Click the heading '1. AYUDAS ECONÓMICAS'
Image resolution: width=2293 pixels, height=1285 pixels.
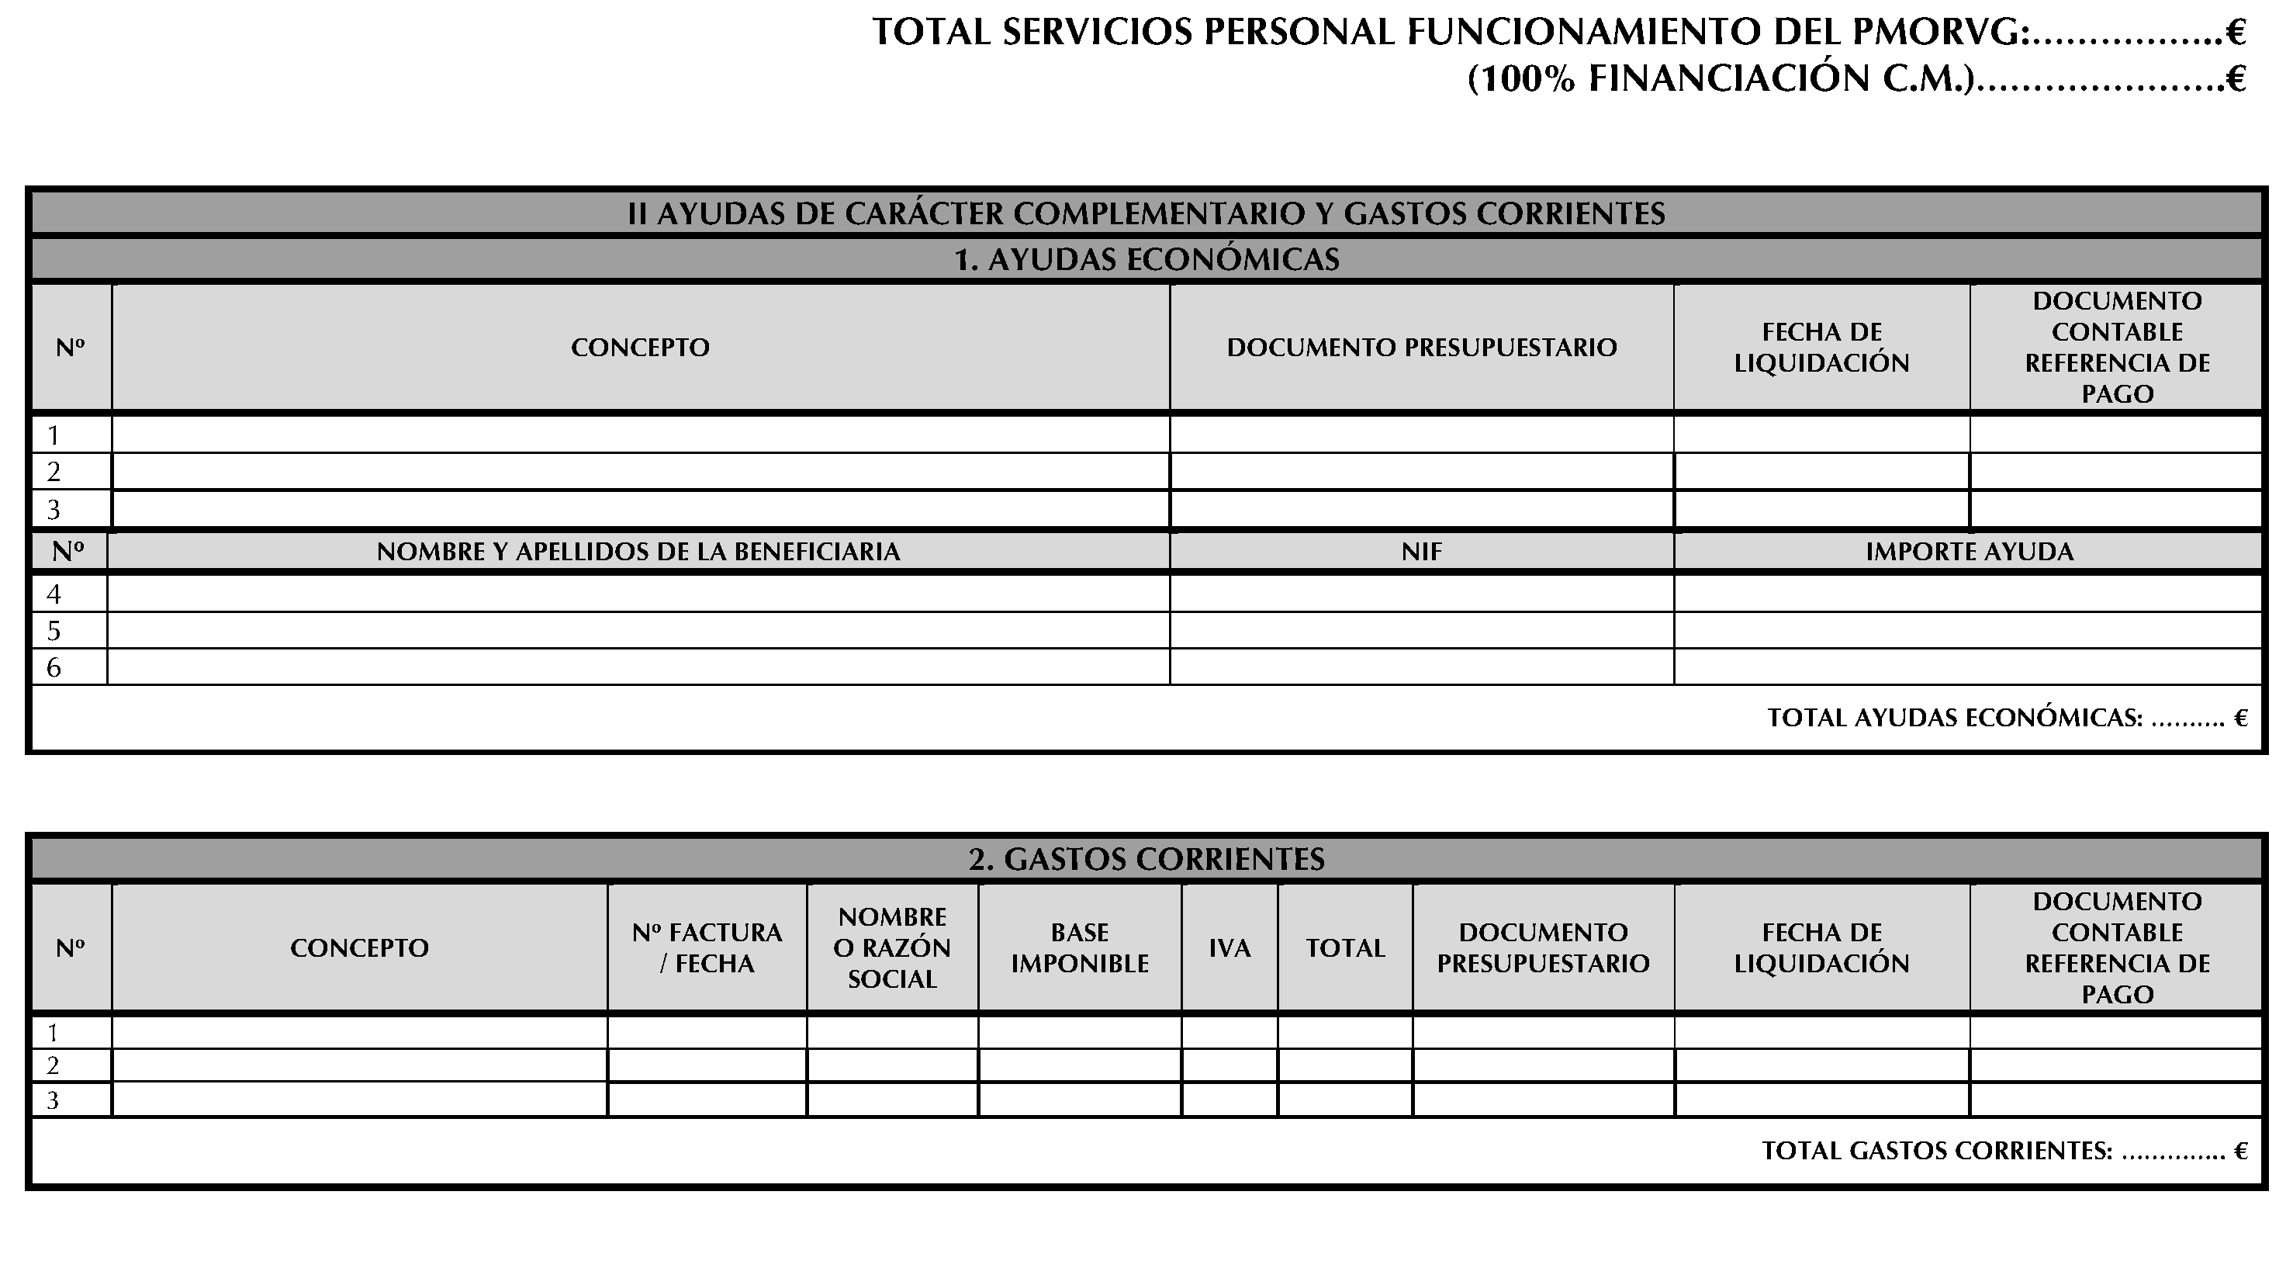[1146, 259]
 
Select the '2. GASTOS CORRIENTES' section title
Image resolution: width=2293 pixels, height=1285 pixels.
[1146, 859]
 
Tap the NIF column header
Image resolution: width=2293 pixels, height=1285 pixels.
[1422, 552]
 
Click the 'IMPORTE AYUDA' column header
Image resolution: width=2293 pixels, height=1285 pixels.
[1969, 552]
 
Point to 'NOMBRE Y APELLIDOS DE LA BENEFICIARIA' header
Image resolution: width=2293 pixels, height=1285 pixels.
[638, 552]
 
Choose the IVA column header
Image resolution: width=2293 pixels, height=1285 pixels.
[1230, 948]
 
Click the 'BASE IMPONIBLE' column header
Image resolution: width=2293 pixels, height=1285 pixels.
[1080, 948]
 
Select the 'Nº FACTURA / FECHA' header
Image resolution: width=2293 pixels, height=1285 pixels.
[707, 948]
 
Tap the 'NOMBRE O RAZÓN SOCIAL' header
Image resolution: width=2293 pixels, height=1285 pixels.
[892, 948]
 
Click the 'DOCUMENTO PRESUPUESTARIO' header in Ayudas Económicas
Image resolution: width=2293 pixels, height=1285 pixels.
[1422, 348]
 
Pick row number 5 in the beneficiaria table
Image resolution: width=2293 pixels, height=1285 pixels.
[54, 632]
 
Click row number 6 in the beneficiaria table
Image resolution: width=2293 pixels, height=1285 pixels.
[54, 668]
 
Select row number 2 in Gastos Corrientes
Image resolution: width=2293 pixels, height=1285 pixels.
[54, 1066]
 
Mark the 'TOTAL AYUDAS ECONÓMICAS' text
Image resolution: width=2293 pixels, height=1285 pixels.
[1955, 718]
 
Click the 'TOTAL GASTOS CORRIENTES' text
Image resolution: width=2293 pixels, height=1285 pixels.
[1937, 1152]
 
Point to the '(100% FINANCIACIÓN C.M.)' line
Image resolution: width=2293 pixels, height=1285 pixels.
[1718, 79]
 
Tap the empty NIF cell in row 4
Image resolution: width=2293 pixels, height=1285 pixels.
[1422, 594]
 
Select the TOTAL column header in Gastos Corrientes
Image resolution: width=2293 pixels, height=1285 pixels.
[1345, 948]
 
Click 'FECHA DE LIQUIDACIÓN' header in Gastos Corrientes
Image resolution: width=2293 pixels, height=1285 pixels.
[1821, 948]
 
